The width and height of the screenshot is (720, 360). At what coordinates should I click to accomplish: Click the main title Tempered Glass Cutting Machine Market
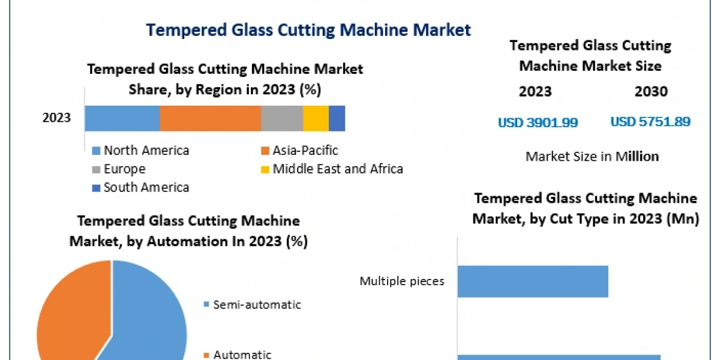click(309, 30)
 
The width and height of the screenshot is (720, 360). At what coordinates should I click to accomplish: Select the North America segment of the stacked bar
click(122, 118)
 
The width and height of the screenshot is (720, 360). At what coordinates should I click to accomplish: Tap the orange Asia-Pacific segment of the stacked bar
click(210, 118)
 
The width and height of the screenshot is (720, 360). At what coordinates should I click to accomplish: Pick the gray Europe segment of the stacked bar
click(281, 118)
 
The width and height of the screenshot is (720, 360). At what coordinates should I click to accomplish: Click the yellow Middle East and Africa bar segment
click(316, 118)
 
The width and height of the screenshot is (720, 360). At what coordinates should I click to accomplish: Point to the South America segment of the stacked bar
click(337, 118)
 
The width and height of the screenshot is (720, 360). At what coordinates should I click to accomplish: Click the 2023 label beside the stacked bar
click(56, 118)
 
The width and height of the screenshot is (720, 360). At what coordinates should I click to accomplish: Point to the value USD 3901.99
click(538, 122)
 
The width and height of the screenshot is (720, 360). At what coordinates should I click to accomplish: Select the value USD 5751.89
click(650, 122)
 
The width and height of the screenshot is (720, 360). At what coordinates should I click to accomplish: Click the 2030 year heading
click(650, 92)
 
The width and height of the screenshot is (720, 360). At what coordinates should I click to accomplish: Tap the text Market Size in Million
click(592, 157)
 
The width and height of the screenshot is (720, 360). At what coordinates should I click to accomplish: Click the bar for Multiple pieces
click(533, 281)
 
